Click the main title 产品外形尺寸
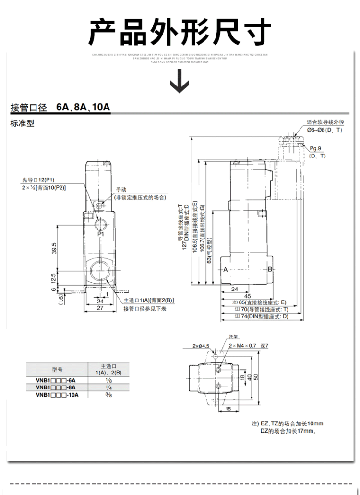[180, 33]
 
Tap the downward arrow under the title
[180, 81]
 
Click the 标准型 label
[23, 123]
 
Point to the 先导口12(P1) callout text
[38, 180]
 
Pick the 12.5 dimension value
[54, 278]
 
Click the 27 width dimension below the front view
[99, 308]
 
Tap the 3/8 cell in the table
[108, 395]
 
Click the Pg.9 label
[315, 148]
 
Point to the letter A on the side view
[225, 269]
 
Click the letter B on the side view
[270, 269]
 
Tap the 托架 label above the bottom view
[234, 337]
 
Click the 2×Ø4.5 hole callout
[201, 345]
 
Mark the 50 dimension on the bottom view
[256, 376]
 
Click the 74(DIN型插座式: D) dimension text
[264, 316]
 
